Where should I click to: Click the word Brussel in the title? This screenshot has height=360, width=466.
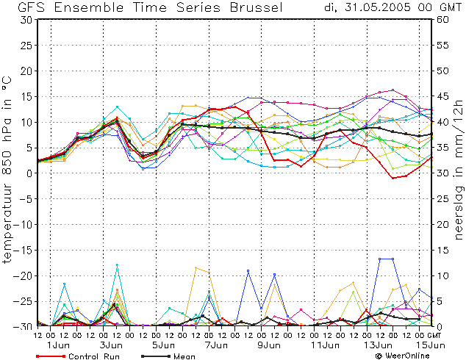[x=256, y=7]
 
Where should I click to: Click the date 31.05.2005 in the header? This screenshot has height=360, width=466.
[x=378, y=7]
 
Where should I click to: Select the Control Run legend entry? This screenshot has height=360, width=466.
[x=78, y=356]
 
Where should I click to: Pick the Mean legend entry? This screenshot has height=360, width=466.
[x=168, y=356]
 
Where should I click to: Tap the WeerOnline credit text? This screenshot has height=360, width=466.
[x=402, y=356]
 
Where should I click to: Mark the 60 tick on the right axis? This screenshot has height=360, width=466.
[x=442, y=20]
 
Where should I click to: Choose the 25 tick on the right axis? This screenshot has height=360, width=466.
[x=442, y=199]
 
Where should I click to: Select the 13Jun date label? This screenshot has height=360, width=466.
[x=379, y=345]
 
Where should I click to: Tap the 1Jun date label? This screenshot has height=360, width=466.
[x=58, y=345]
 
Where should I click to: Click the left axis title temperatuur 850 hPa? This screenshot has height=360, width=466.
[x=7, y=170]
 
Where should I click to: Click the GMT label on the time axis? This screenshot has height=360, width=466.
[x=434, y=335]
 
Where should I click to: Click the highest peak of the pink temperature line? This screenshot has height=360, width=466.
[x=393, y=90]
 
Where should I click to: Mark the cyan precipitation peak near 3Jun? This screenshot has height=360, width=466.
[x=117, y=264]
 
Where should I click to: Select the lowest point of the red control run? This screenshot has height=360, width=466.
[x=393, y=178]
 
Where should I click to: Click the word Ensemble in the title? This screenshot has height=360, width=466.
[x=88, y=7]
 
